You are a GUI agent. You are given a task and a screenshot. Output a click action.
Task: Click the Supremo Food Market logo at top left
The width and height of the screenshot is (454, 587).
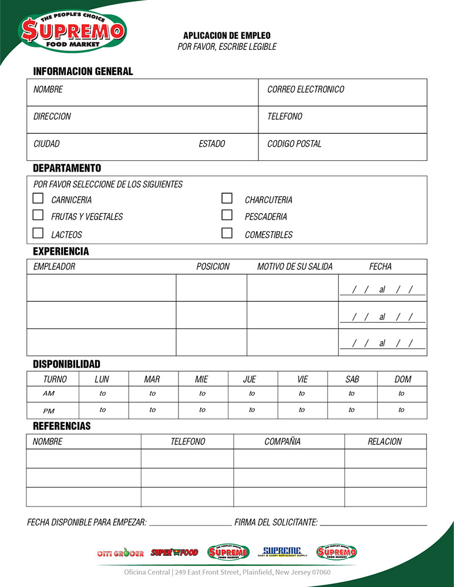click(73, 30)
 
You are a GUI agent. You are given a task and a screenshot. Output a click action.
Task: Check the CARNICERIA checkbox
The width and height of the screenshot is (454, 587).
click(38, 198)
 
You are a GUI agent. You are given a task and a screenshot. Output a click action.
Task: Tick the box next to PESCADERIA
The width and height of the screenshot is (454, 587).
click(227, 215)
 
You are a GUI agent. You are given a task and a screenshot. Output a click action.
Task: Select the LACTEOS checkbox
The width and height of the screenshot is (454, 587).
click(38, 233)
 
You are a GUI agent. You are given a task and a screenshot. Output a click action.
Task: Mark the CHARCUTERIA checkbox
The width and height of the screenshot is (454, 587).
click(227, 198)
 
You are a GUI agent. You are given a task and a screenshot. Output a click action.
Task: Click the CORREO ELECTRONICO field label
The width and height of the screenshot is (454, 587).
click(305, 90)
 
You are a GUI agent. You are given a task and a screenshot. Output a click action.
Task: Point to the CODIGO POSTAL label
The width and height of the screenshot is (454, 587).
click(294, 144)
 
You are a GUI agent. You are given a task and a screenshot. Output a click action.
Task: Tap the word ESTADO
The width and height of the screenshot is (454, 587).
click(211, 144)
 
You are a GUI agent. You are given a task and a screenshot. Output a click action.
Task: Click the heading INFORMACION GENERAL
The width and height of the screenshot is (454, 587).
click(83, 72)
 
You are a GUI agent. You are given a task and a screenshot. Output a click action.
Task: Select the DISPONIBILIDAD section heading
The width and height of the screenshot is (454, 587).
click(66, 364)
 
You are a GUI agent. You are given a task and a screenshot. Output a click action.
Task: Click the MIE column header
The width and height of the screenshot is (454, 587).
click(201, 379)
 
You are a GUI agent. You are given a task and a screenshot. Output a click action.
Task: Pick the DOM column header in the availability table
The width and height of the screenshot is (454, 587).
click(403, 379)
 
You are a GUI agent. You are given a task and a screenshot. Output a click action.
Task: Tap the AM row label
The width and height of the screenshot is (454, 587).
click(49, 394)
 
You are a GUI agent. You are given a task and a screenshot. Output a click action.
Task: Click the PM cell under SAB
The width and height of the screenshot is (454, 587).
click(352, 410)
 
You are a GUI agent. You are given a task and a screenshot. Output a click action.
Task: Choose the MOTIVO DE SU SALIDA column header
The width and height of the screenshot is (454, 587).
click(295, 266)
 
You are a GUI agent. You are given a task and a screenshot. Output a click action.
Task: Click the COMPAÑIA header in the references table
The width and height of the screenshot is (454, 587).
click(282, 441)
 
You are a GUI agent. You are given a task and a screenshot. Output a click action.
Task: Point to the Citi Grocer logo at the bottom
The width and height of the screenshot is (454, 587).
click(120, 553)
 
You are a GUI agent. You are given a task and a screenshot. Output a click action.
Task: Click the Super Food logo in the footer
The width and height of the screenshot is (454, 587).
click(174, 552)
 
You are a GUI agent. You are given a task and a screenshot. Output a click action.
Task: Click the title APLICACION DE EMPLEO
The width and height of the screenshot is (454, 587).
click(227, 36)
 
